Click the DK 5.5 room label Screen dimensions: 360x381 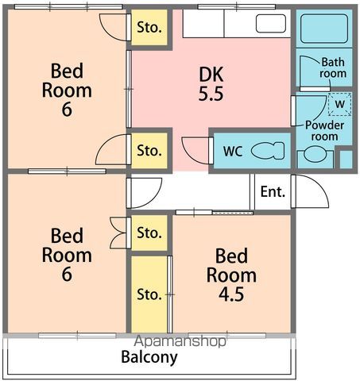[x=211, y=84]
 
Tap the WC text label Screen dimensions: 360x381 [x=233, y=152]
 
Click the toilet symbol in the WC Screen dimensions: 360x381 [x=268, y=151]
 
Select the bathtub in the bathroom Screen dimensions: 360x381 [x=324, y=29]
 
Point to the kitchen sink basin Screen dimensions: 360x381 [x=271, y=24]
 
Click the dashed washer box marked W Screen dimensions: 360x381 [x=340, y=104]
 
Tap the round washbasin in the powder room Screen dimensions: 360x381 [x=315, y=154]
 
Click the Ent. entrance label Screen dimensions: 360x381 [x=273, y=191]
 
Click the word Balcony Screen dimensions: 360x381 [x=149, y=357]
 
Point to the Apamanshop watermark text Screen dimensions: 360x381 [x=180, y=341]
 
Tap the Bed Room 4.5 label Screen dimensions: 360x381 [x=231, y=275]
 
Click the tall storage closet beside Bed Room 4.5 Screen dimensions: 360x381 [x=149, y=294]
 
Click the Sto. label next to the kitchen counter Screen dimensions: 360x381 [x=149, y=27]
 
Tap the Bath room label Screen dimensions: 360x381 [x=333, y=67]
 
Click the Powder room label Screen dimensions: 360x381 [x=324, y=131]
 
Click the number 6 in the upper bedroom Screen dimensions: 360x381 [x=67, y=109]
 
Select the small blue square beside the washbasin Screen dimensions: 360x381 [x=346, y=159]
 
